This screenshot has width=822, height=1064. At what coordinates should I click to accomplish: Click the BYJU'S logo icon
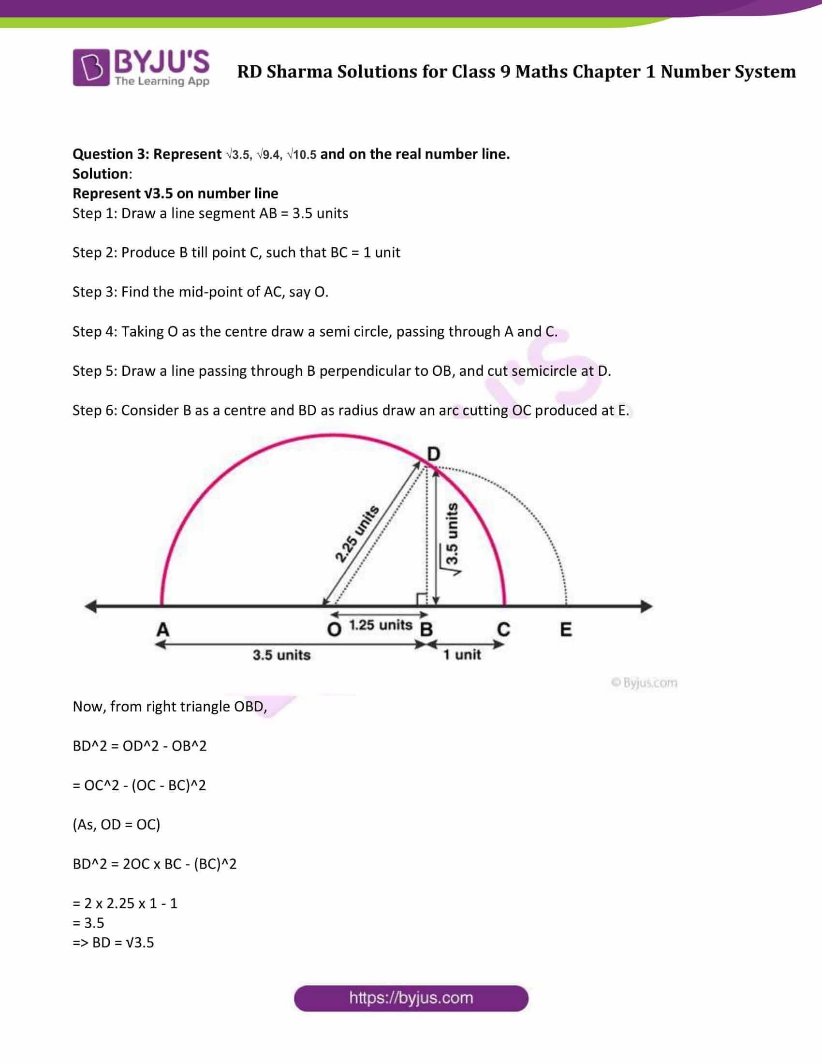[90, 68]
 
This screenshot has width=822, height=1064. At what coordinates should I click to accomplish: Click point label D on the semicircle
[433, 454]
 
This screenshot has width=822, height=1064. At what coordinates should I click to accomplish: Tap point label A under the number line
[162, 629]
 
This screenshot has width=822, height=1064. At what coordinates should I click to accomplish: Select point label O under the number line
[334, 629]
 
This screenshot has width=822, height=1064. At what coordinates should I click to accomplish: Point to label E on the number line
[565, 629]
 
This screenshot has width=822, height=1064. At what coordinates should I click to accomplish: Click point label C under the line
[503, 629]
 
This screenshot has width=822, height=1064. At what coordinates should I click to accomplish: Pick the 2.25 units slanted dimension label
[357, 534]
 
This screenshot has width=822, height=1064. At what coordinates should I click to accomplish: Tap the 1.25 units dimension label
[381, 625]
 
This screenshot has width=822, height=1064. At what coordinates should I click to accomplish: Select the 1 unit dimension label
[462, 655]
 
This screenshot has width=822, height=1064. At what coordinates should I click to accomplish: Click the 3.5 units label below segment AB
[281, 655]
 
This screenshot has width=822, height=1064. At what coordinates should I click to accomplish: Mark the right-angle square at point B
[422, 600]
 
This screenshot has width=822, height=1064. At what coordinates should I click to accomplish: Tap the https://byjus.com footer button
[411, 998]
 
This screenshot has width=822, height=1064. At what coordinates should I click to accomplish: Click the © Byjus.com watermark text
[644, 682]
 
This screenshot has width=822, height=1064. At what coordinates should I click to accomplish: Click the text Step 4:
[95, 332]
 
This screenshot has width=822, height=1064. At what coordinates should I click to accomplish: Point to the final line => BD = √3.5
[113, 943]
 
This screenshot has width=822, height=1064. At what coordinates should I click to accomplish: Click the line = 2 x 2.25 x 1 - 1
[125, 903]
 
